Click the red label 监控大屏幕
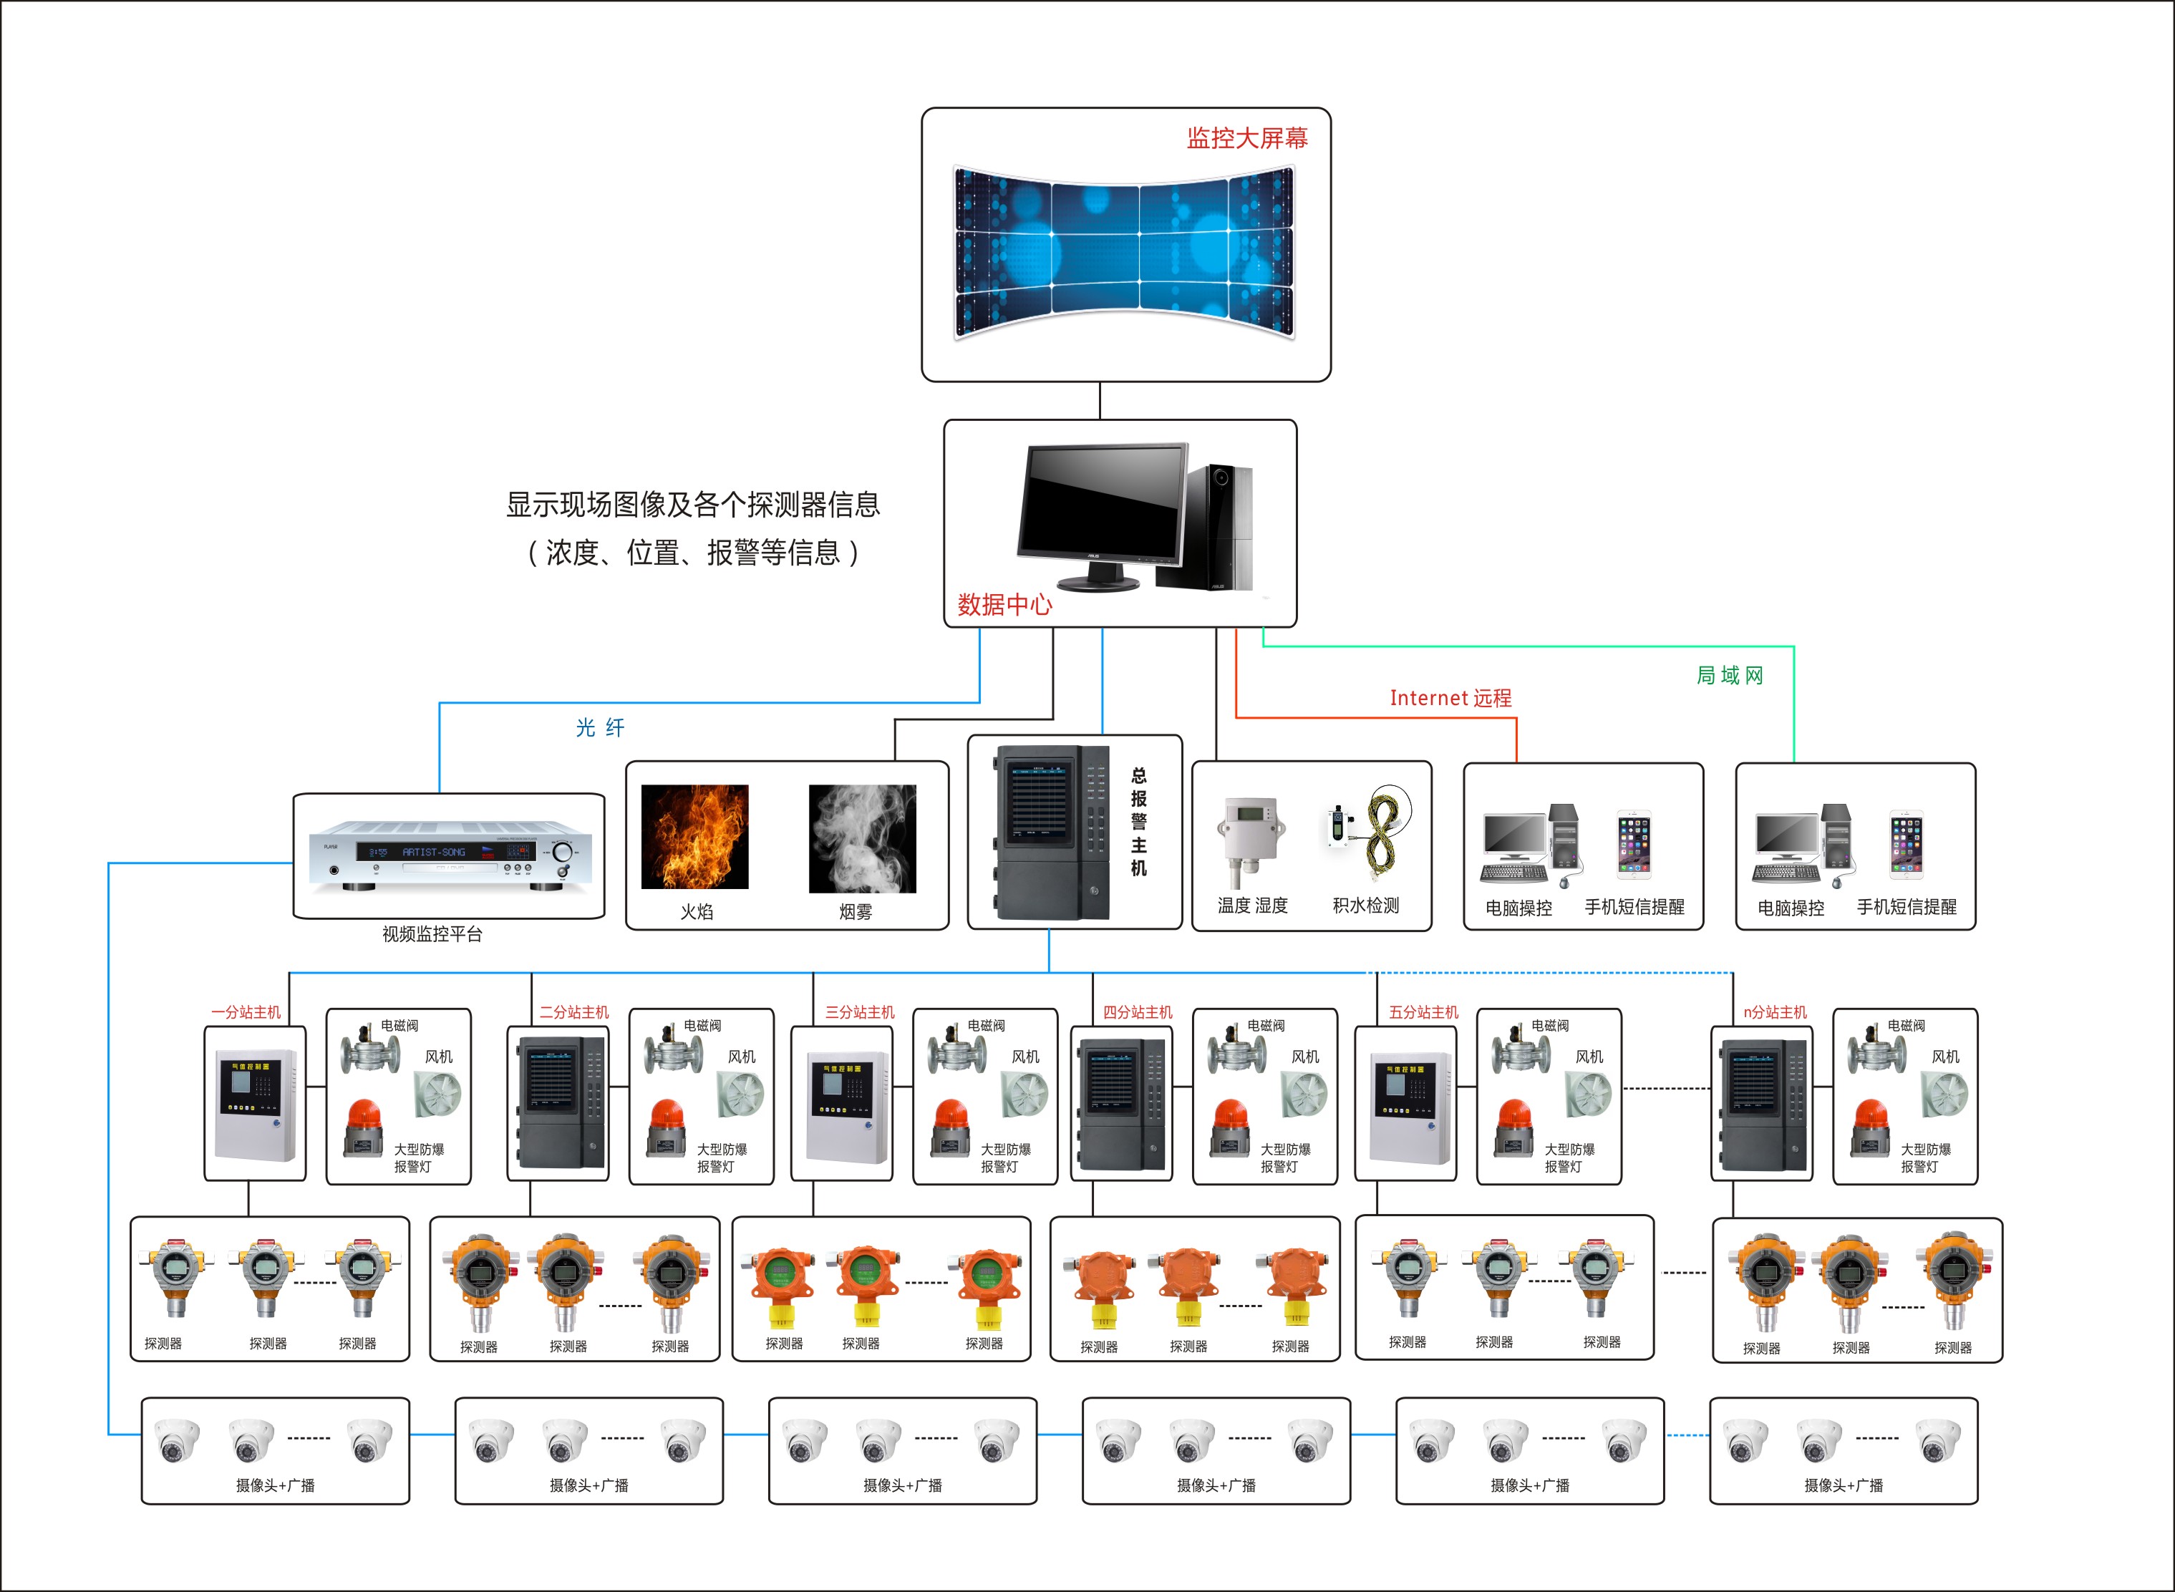[1247, 139]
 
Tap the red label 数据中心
[1004, 605]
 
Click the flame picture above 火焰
[694, 837]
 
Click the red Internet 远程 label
[1450, 699]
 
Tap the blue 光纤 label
[599, 727]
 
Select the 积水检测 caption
[1365, 905]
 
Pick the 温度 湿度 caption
[1251, 905]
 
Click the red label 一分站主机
[246, 1012]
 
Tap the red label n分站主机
[1775, 1012]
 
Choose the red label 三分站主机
[860, 1012]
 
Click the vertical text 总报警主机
[1139, 822]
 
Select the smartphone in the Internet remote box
[1634, 843]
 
